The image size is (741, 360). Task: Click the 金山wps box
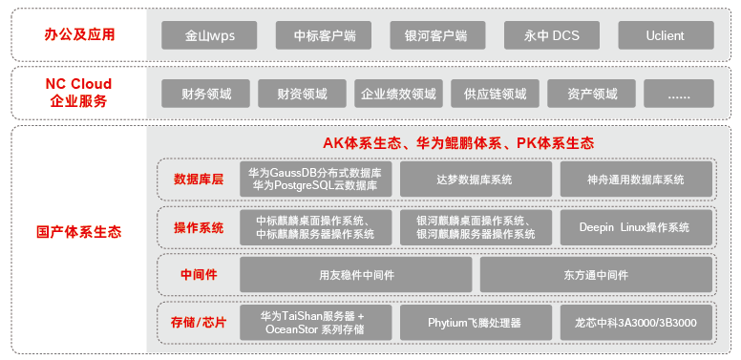point(210,35)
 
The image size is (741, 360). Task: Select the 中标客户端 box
point(324,35)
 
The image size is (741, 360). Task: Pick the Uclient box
point(665,35)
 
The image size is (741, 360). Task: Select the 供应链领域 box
point(495,94)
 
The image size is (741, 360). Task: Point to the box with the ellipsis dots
point(678,94)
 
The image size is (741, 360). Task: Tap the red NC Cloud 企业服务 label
point(79,93)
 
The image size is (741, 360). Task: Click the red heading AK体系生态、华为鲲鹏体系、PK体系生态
point(458,143)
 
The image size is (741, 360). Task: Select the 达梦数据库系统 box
point(475,180)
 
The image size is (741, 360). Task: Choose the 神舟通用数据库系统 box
point(635,180)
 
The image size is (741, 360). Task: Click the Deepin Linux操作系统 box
point(635,227)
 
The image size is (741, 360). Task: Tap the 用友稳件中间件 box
point(356,275)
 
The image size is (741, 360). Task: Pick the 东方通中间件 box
point(596,275)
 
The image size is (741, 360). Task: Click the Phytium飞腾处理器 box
point(475,323)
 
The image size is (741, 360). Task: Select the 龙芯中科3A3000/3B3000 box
point(635,323)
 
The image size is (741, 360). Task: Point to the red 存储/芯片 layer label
point(199,322)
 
